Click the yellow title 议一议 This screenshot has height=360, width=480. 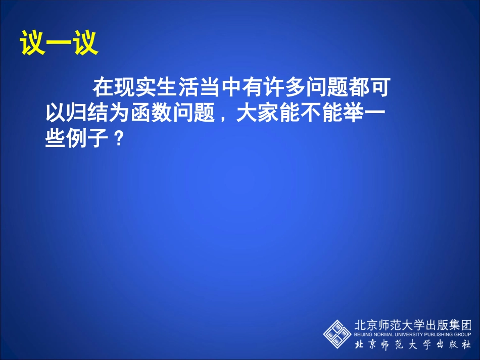pos(59,43)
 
